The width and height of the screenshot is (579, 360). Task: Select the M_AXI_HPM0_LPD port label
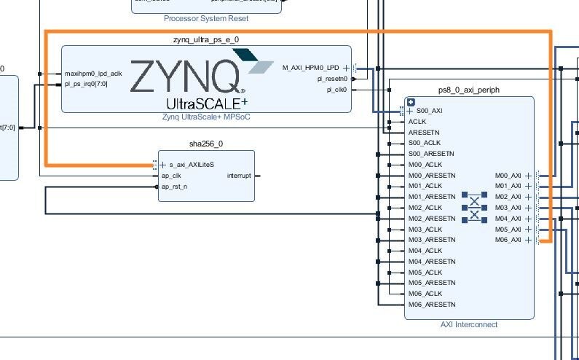tap(311, 68)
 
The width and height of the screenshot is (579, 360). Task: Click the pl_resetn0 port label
tap(332, 79)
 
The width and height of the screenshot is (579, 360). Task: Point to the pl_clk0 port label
tap(336, 90)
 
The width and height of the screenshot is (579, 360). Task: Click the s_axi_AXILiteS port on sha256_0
tap(192, 165)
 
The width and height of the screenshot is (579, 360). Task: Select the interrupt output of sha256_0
tap(239, 176)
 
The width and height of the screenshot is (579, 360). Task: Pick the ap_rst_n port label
tap(174, 187)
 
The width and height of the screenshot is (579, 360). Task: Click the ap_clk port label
tap(170, 176)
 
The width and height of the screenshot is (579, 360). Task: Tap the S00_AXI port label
tap(430, 111)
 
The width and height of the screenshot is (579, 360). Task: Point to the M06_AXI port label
tap(508, 240)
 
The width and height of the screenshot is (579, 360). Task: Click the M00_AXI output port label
tap(508, 176)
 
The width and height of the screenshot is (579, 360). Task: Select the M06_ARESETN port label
tap(432, 304)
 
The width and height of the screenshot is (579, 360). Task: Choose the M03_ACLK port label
tap(426, 229)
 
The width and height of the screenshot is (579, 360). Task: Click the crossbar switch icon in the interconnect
tap(474, 207)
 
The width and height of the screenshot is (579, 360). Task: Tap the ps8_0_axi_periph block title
tap(468, 90)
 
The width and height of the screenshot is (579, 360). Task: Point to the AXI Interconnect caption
tap(469, 324)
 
